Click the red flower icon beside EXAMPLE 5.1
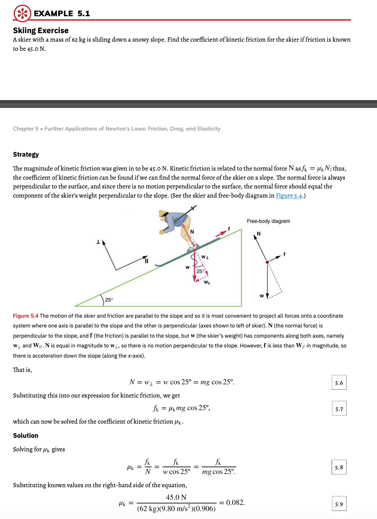coord(22,14)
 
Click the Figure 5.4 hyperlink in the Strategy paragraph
coord(289,196)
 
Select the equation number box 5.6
coord(339,383)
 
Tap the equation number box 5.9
coord(339,504)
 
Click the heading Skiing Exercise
coord(41,30)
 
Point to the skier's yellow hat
coord(163,213)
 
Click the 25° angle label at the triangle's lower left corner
coord(109,300)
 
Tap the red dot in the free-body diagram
coord(267,262)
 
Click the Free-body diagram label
coord(268,221)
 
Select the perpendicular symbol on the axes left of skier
coord(98,242)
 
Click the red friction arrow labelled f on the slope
coord(221,233)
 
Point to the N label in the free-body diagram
coord(259,234)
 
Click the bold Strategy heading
coord(26,155)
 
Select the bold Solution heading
coord(26,436)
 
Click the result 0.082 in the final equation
coord(235,502)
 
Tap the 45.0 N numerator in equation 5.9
coord(176,497)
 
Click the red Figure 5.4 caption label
coord(26,316)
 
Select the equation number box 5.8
coord(339,467)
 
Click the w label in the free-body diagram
coord(262,296)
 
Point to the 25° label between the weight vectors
coord(200,271)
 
